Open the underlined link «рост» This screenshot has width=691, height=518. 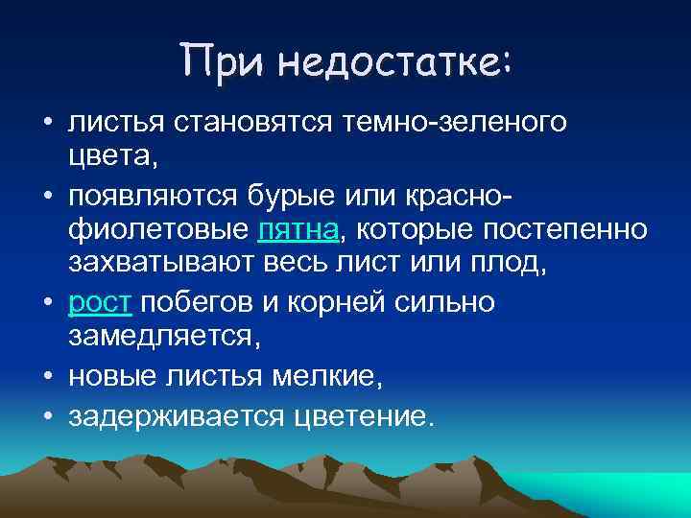101,302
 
